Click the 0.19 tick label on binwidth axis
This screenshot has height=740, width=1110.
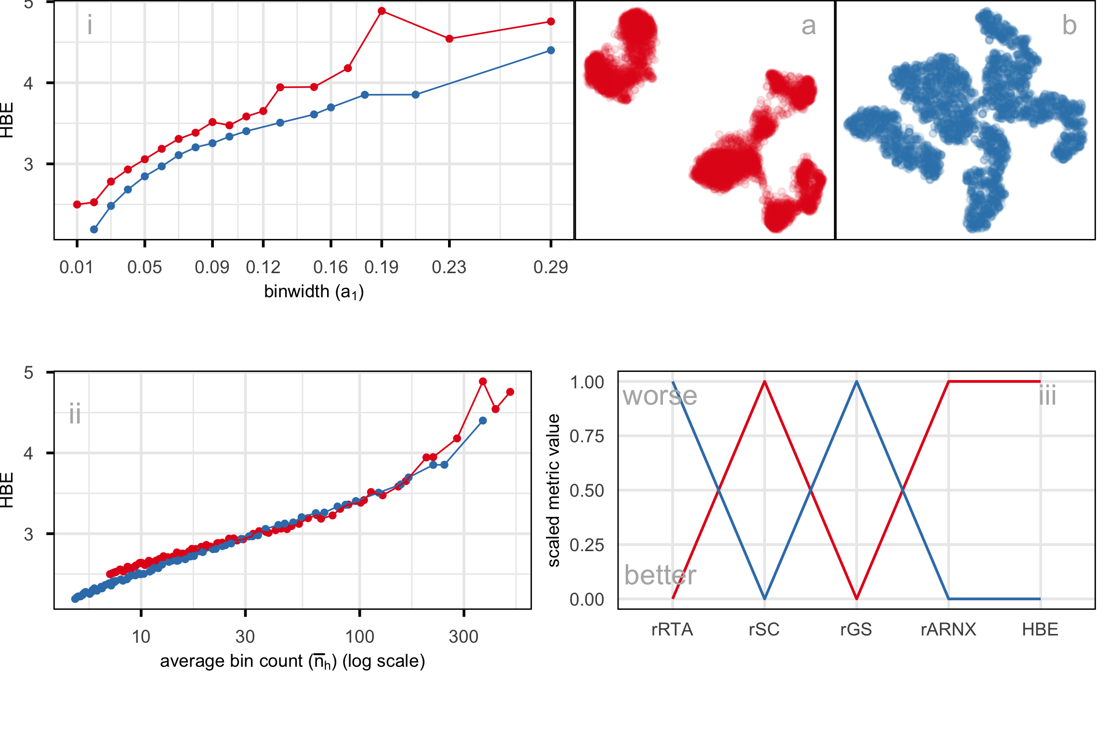click(381, 267)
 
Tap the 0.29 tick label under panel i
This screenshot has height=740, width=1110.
click(551, 267)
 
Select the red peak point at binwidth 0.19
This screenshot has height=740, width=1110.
click(382, 11)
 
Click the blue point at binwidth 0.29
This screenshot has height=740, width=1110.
click(551, 50)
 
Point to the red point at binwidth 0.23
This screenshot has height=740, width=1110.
click(449, 39)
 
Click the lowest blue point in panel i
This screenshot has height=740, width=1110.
click(94, 229)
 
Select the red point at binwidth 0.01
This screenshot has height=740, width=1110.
click(77, 204)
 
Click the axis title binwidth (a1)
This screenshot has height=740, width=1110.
click(314, 292)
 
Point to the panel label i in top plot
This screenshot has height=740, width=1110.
click(90, 25)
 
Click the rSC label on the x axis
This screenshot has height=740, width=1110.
click(764, 630)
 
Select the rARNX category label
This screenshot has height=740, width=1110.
click(948, 630)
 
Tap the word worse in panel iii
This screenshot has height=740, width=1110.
click(660, 396)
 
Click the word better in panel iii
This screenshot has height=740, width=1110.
click(660, 575)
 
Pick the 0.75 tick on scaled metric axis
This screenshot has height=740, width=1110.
click(586, 436)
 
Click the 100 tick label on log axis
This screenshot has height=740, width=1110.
click(359, 637)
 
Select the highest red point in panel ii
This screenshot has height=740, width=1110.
click(483, 381)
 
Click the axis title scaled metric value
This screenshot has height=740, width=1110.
click(554, 490)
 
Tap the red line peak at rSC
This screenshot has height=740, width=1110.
click(765, 382)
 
